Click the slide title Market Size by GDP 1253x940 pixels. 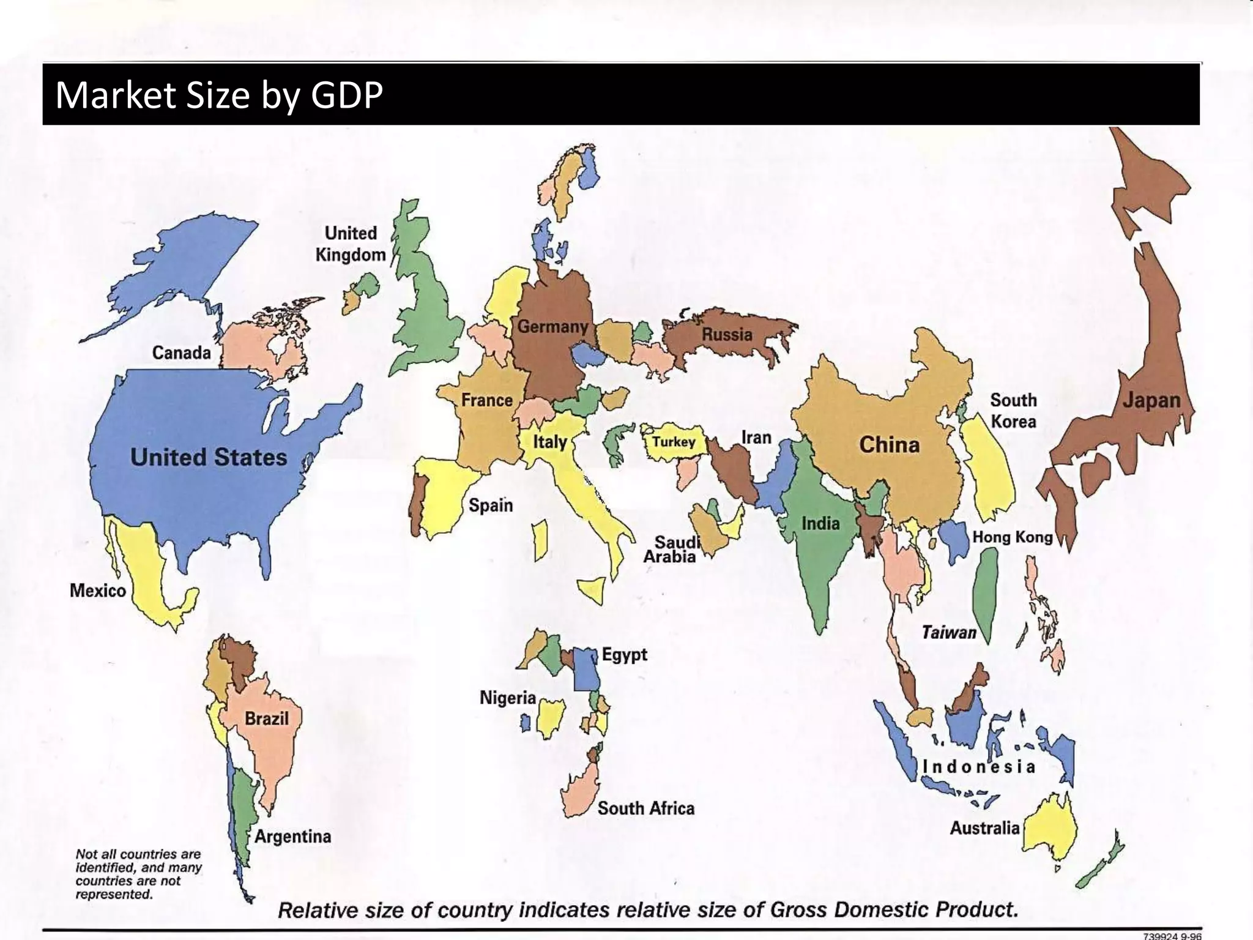(x=219, y=95)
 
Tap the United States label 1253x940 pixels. (x=209, y=457)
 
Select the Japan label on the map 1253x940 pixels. (x=1151, y=400)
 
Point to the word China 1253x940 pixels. (x=889, y=445)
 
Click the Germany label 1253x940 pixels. (x=552, y=327)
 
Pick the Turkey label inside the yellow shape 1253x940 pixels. (x=673, y=442)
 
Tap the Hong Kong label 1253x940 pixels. (x=1012, y=537)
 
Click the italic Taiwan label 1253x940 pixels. (x=948, y=632)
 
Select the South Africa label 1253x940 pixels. (x=645, y=808)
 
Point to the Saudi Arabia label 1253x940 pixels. (x=671, y=549)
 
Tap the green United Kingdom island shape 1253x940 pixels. (x=428, y=306)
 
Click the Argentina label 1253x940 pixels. (x=292, y=836)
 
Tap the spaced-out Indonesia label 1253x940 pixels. (x=978, y=767)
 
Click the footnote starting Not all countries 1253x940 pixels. (x=138, y=874)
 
